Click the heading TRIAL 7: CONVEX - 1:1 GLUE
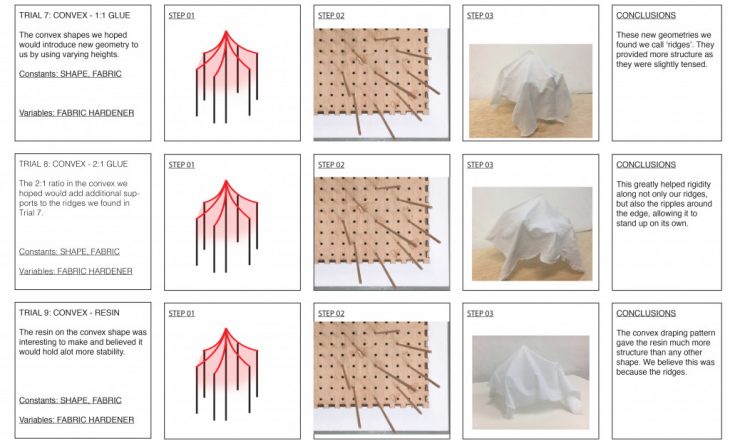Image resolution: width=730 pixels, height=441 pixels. pos(74,15)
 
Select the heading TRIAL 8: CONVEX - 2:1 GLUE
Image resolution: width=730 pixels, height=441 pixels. pos(73,164)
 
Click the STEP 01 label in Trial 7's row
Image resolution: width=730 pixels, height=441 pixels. pos(182,15)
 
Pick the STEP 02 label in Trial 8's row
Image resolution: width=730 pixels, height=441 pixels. pos(331,165)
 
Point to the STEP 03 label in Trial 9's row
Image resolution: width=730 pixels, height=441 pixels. pos(480,313)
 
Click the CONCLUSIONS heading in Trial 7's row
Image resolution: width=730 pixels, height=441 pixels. pos(646,15)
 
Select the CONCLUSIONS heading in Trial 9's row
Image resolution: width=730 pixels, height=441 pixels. pos(646,313)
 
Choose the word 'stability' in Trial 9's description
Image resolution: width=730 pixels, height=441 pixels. pos(111,352)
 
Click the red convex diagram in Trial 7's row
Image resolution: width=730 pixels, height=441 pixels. pos(227,77)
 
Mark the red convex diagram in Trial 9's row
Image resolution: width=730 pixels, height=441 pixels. pos(227,374)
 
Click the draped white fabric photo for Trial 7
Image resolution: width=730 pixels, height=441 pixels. pos(531,91)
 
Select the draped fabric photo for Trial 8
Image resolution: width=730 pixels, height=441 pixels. pos(532,234)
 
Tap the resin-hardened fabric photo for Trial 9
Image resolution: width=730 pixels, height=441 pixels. pos(531,382)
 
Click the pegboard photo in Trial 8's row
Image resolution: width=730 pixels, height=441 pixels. pos(382,231)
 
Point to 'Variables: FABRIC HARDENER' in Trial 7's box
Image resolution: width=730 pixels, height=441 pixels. pos(76,113)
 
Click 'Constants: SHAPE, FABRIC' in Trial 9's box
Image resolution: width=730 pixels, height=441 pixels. pos(70,400)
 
